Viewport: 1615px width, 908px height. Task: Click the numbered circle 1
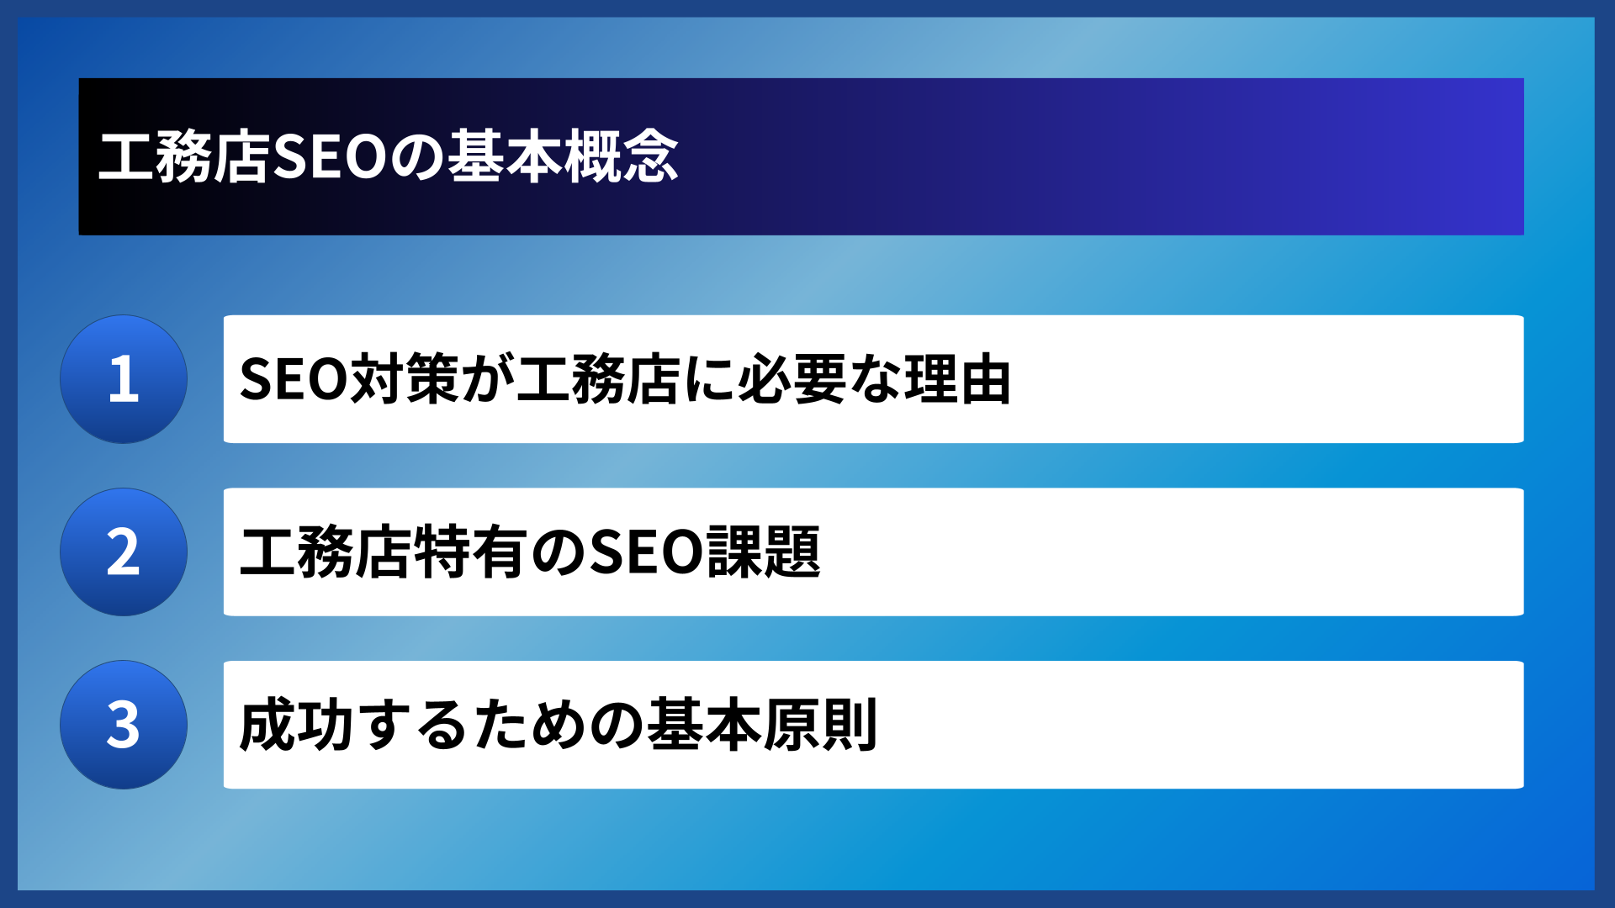(124, 379)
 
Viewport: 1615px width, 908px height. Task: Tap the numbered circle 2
(124, 552)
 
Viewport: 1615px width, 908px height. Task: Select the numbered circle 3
(124, 725)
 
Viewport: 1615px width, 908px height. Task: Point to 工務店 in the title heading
(183, 157)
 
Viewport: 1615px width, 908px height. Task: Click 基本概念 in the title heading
(563, 157)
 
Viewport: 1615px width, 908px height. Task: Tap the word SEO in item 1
(293, 379)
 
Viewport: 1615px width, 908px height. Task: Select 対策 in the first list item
(404, 379)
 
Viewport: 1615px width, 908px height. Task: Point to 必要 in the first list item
(792, 379)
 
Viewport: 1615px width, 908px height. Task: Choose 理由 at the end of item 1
(958, 379)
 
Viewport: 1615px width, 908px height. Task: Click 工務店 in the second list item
(324, 552)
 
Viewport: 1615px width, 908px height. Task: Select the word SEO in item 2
(646, 552)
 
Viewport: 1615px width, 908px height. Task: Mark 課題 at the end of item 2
(764, 552)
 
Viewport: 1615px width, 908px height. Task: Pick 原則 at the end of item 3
(821, 725)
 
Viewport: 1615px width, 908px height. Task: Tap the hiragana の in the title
(418, 157)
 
